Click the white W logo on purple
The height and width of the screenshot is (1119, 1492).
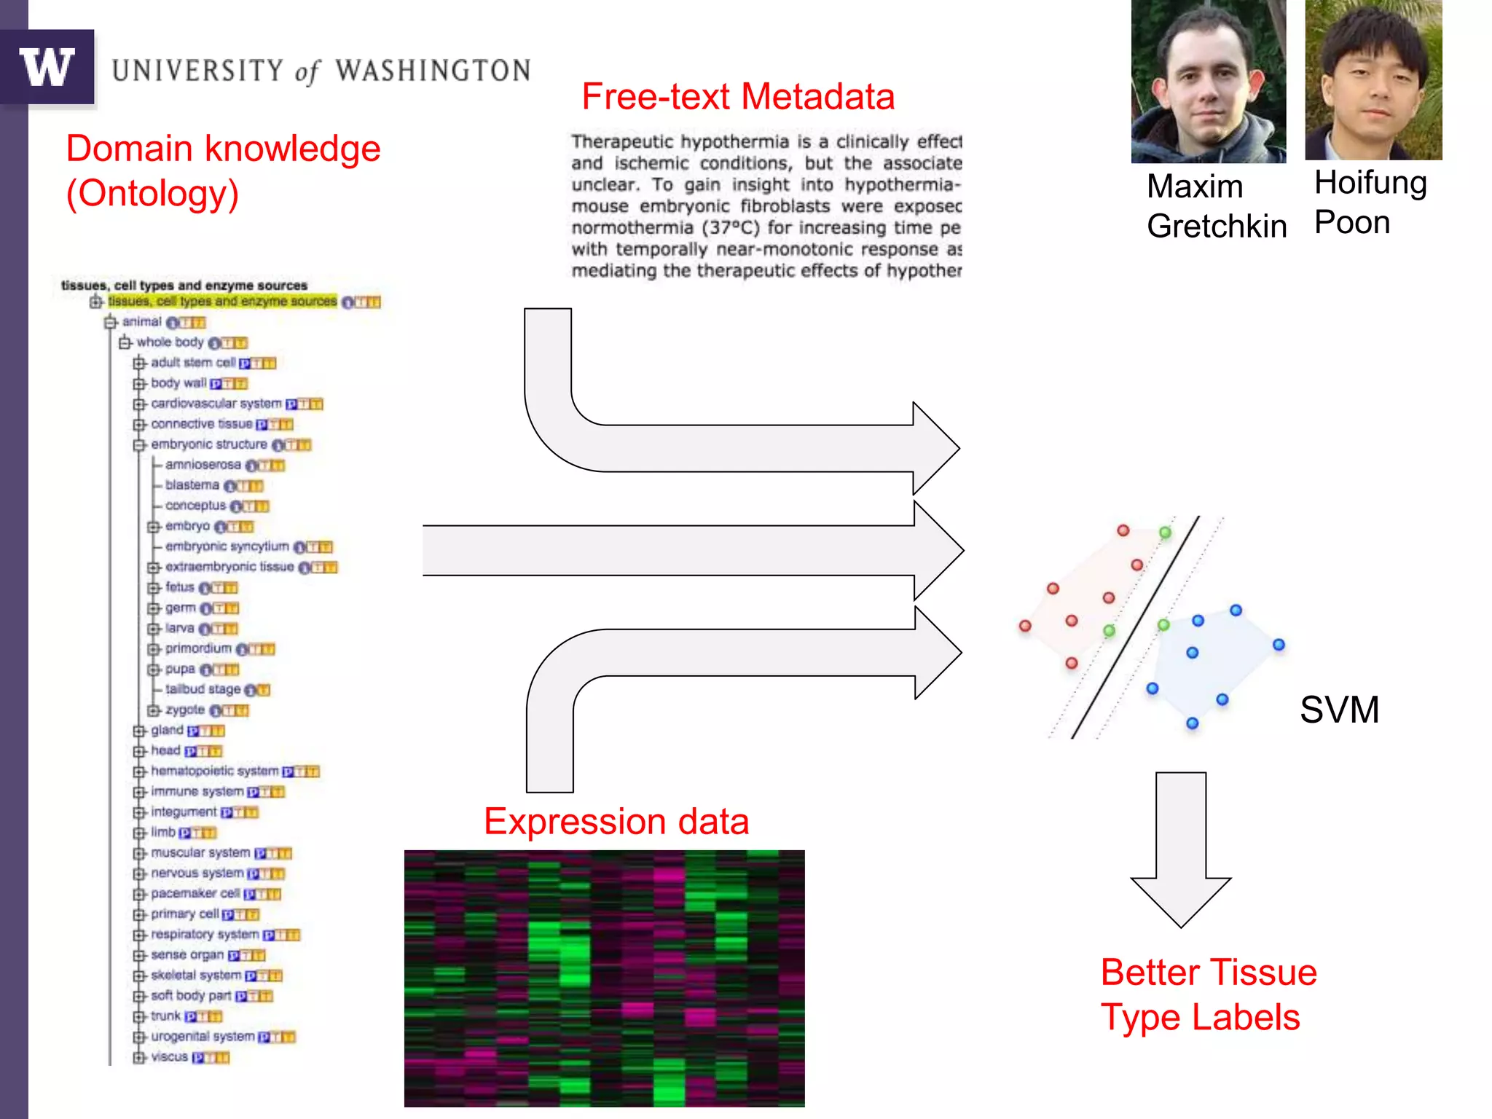(x=47, y=67)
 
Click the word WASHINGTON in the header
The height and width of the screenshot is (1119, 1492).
(x=433, y=71)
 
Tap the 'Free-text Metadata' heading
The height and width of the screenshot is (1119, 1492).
(x=738, y=97)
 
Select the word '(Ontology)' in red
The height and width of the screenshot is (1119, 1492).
(x=152, y=194)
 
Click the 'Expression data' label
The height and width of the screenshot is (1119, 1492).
(x=616, y=822)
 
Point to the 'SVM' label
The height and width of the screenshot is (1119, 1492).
(x=1339, y=710)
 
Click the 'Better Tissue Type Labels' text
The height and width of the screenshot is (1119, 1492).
(x=1208, y=994)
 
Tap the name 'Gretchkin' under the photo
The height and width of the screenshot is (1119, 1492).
(x=1216, y=227)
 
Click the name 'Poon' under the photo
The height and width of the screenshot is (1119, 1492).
(x=1352, y=222)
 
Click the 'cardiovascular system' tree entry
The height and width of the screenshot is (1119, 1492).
(x=216, y=404)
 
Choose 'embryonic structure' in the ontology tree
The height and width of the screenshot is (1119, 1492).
(x=209, y=444)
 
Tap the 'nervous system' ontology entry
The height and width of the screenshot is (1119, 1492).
(x=197, y=873)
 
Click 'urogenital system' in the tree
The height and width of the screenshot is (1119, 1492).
(x=203, y=1036)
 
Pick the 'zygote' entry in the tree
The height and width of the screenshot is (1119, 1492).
(x=185, y=710)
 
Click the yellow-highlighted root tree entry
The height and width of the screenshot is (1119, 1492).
(x=222, y=302)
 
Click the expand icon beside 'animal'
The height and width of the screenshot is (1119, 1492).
(x=111, y=322)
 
